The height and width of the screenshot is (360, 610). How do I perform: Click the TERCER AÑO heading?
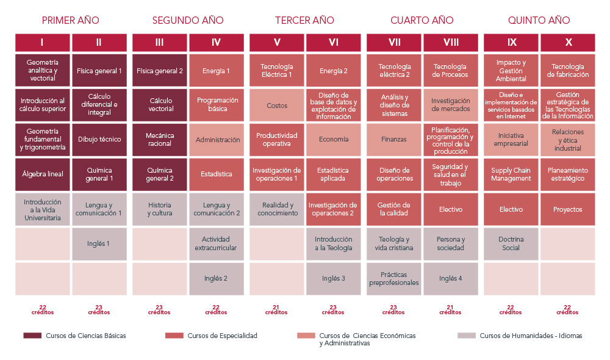[304, 20]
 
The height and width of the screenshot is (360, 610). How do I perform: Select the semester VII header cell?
[394, 43]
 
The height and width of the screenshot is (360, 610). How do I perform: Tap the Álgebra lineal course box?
[42, 175]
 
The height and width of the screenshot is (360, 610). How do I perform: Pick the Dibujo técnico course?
[99, 140]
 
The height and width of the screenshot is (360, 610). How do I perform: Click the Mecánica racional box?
[160, 140]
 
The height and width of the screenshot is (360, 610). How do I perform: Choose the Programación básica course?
[216, 104]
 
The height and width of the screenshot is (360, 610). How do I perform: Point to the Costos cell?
[277, 105]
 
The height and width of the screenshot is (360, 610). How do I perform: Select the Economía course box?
[334, 140]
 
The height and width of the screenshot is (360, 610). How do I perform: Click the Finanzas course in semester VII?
[394, 140]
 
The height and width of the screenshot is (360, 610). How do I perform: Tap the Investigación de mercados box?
[451, 104]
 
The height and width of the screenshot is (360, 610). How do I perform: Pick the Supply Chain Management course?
[511, 175]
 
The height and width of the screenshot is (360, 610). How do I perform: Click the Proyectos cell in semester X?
[568, 209]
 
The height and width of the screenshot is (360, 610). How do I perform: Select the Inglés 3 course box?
[334, 279]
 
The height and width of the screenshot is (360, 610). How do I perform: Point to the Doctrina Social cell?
[511, 244]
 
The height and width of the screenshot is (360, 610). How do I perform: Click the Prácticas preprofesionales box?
[394, 279]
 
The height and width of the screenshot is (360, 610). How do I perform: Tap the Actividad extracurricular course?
[216, 244]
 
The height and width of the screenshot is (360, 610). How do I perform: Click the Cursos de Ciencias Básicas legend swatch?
[32, 336]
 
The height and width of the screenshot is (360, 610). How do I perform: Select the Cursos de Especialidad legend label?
[222, 336]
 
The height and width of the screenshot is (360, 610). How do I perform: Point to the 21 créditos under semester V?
[276, 310]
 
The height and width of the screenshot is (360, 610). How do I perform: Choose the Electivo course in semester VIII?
[451, 209]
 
